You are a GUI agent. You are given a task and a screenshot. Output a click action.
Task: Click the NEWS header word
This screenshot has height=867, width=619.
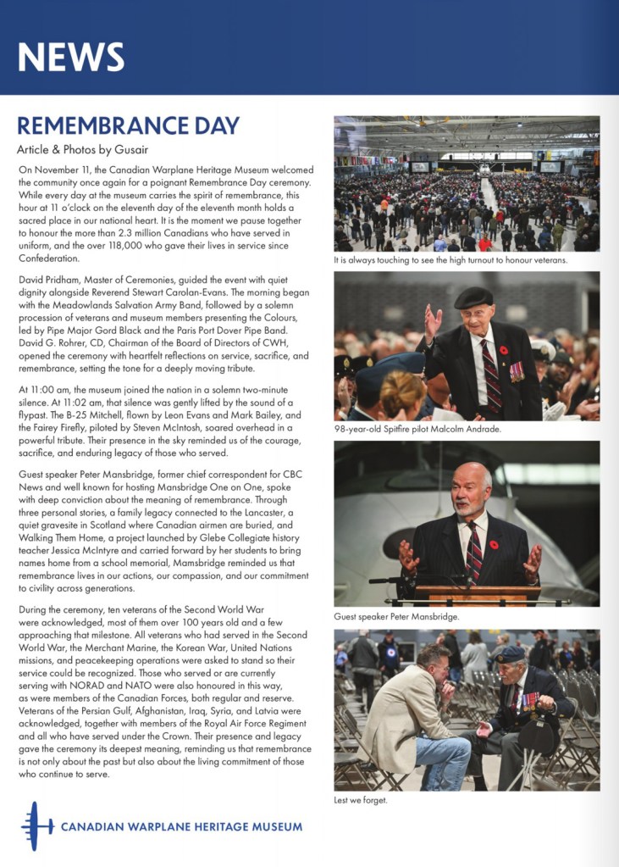tap(71, 56)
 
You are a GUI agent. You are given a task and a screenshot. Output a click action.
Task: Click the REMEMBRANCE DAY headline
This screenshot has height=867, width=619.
tap(128, 125)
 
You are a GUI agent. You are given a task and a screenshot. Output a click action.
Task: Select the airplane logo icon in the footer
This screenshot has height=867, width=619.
tap(36, 825)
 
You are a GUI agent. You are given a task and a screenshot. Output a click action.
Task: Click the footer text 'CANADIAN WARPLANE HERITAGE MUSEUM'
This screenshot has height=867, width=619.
tap(181, 826)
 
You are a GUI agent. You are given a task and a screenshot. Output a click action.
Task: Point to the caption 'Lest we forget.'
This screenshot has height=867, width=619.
tap(362, 800)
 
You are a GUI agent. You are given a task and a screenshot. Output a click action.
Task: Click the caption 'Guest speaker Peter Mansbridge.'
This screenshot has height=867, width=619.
tap(397, 616)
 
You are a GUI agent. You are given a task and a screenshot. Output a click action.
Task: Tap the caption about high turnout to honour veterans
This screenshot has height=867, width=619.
tap(450, 259)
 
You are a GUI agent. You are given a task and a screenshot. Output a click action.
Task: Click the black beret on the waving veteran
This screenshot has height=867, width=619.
tap(473, 297)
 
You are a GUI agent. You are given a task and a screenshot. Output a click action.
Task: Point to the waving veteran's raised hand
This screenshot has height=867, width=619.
tap(433, 321)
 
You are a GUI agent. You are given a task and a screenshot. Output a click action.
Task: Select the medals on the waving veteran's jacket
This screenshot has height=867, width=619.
tap(516, 370)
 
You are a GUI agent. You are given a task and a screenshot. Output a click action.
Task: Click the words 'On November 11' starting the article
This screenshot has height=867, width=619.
tap(53, 170)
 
